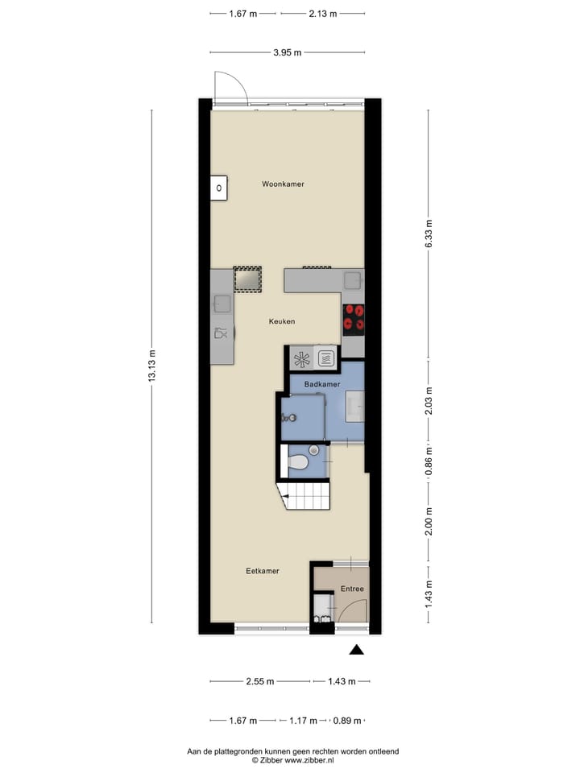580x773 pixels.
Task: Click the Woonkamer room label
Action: point(283,184)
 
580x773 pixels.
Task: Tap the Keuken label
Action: point(282,321)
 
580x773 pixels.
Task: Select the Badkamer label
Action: point(320,385)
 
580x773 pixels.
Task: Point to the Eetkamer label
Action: point(263,571)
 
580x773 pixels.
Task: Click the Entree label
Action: point(351,589)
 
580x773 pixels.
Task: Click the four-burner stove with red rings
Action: point(354,318)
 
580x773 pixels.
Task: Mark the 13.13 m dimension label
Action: point(151,367)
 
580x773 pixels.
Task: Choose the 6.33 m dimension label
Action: point(429,234)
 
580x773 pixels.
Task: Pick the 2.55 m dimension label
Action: point(259,681)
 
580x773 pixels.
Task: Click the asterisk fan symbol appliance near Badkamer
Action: point(301,358)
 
